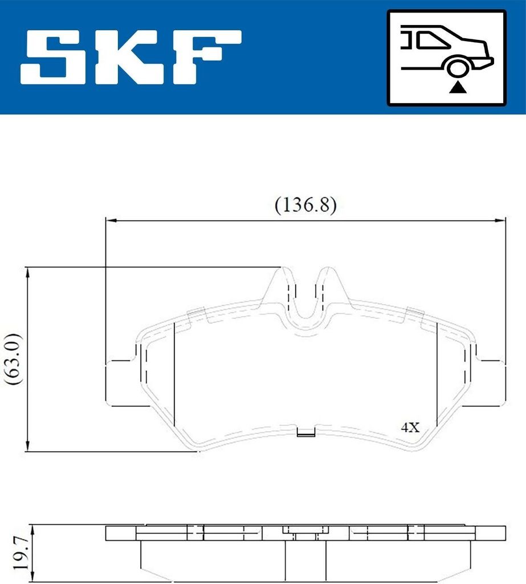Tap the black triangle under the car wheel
point(458,88)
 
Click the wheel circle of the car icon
point(458,69)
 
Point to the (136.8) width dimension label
point(305,205)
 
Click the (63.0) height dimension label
point(14,359)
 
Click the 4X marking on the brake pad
point(410,427)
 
